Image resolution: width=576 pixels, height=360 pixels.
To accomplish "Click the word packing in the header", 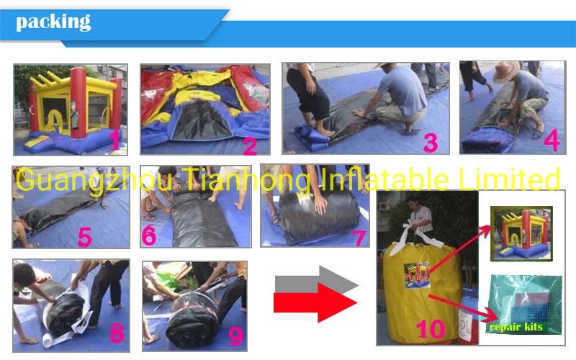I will [53, 22].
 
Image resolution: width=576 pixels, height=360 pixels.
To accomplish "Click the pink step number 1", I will [114, 140].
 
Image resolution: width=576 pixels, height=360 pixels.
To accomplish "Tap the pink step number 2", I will [249, 145].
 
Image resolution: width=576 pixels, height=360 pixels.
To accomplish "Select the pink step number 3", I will [430, 143].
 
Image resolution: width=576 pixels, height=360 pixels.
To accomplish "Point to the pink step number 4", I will [551, 140].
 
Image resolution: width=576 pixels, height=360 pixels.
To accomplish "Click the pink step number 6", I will [149, 235].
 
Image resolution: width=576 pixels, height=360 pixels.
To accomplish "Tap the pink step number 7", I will [358, 236].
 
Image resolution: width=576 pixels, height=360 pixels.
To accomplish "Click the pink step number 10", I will [430, 330].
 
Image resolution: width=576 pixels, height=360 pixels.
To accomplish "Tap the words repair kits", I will [516, 328].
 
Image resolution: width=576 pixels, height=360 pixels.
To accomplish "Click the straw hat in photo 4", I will [503, 71].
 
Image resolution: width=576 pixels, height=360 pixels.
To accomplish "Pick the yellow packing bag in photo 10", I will [425, 288].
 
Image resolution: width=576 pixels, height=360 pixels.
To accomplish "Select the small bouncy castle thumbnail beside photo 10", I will [518, 232].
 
